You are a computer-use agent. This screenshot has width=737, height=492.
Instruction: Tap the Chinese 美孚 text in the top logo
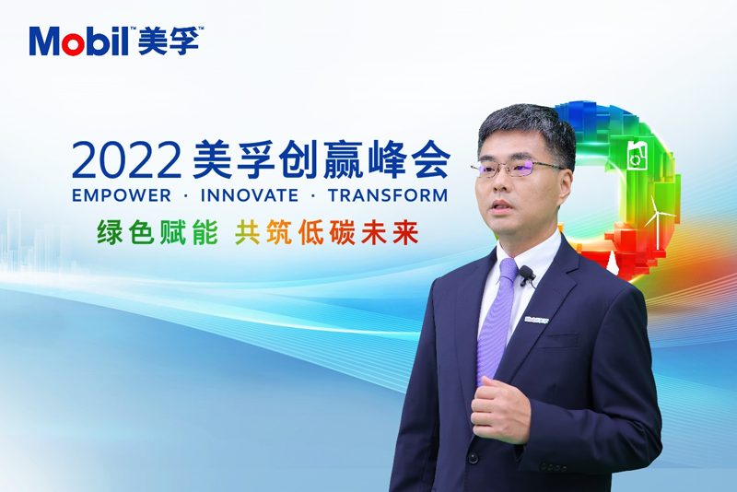pyautogui.click(x=168, y=41)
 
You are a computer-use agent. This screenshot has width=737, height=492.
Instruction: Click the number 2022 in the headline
pyautogui.click(x=126, y=159)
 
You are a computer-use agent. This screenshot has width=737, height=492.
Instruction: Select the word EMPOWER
pyautogui.click(x=122, y=195)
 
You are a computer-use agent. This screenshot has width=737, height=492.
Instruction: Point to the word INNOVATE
pyautogui.click(x=250, y=195)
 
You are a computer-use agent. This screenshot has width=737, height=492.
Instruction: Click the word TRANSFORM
pyautogui.click(x=388, y=195)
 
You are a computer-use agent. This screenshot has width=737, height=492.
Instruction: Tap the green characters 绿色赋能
pyautogui.click(x=158, y=232)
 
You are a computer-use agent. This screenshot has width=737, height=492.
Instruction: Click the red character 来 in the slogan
pyautogui.click(x=406, y=232)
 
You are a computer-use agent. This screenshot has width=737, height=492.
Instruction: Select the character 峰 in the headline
pyautogui.click(x=386, y=159)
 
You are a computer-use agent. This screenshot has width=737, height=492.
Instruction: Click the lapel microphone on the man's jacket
pyautogui.click(x=526, y=274)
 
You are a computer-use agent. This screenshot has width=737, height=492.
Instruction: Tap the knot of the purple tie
pyautogui.click(x=509, y=270)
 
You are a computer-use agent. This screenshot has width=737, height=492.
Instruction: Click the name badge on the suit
pyautogui.click(x=537, y=320)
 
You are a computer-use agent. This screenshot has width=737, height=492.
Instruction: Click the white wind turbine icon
pyautogui.click(x=659, y=221)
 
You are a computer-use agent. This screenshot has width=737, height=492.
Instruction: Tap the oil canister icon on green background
pyautogui.click(x=638, y=154)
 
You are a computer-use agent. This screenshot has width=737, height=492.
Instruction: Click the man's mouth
pyautogui.click(x=501, y=206)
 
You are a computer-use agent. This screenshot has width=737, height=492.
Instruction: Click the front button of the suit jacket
pyautogui.click(x=473, y=457)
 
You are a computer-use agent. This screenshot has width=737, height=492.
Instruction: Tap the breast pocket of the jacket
pyautogui.click(x=557, y=339)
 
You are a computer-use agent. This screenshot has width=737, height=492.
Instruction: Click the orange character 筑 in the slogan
pyautogui.click(x=279, y=232)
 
